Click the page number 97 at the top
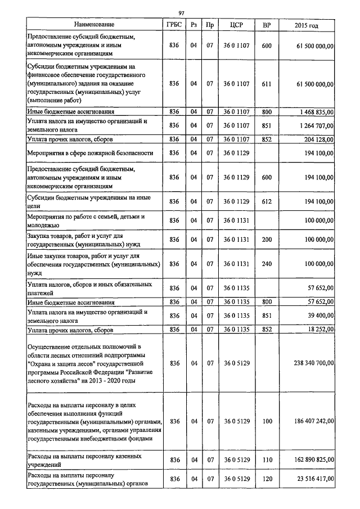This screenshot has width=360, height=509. [x=182, y=13]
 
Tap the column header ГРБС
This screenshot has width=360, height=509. [x=174, y=25]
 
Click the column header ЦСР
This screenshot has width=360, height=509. [x=236, y=25]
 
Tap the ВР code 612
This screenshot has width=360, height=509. [x=267, y=201]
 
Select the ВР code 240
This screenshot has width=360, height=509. [x=267, y=263]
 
